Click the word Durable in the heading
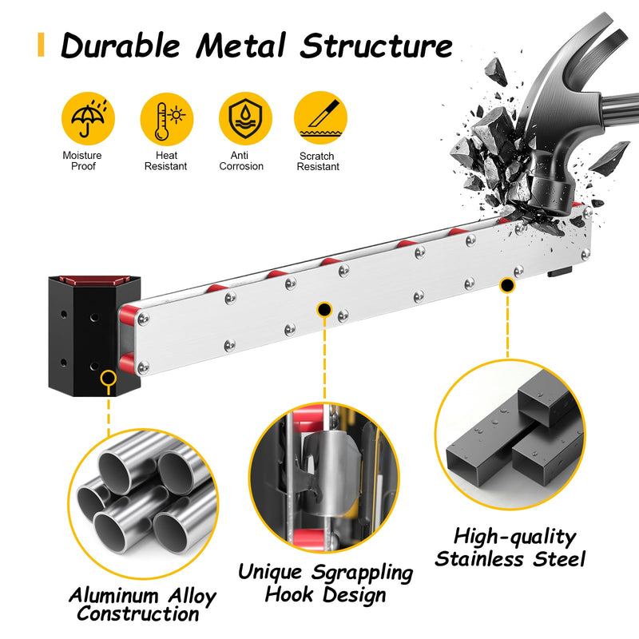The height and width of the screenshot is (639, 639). pos(121,46)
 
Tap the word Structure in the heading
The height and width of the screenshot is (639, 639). pos(376,46)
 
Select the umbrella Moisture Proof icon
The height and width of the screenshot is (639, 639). pos(88,118)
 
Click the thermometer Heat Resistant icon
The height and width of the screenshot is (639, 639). pos(167,119)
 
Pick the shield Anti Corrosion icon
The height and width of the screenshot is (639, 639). pos(245,118)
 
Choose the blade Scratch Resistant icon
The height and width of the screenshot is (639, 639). pos(320,117)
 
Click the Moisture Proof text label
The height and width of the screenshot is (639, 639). pos(82,161)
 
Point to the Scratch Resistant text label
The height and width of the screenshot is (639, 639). pos(318,161)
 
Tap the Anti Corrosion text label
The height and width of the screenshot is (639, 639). pos(241,161)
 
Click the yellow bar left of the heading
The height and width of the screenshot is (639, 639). pos(41,45)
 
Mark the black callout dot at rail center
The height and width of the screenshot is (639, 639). pos(324,310)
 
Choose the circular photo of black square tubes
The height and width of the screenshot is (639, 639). pos(510,435)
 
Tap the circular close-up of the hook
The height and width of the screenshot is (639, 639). pos(324,478)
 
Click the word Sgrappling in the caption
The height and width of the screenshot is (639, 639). pos(363,573)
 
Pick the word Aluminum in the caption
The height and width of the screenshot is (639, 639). pos(113,596)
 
